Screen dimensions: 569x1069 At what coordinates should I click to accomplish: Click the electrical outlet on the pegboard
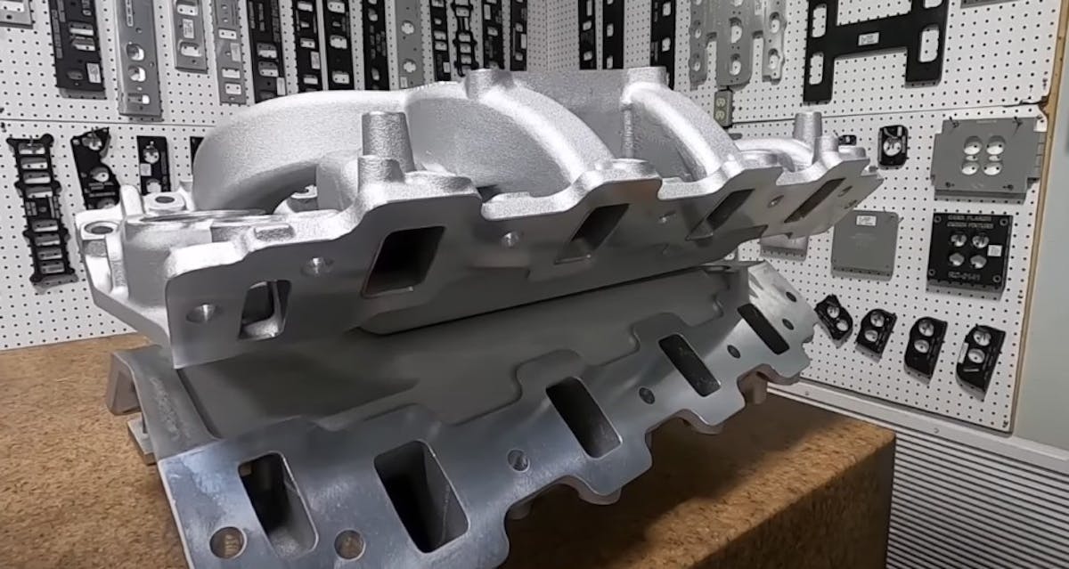pos(723,107)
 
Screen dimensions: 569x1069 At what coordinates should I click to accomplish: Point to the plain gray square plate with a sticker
pos(865,240)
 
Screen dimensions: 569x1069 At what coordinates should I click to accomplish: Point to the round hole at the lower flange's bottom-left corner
pos(226,541)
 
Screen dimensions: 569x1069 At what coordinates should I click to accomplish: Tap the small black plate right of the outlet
pos(893,145)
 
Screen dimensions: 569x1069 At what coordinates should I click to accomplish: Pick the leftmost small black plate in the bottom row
pos(834,317)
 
